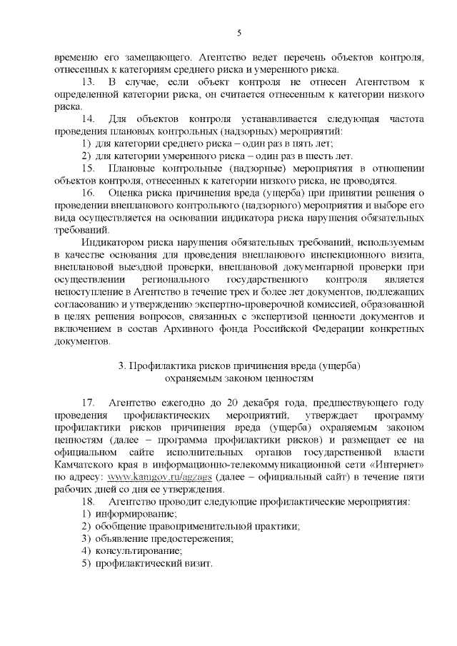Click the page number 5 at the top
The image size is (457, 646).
[x=239, y=32]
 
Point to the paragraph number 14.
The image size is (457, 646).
[x=89, y=118]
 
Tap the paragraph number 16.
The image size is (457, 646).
[x=89, y=193]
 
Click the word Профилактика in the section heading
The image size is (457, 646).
[x=161, y=365]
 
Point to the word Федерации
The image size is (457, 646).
[x=336, y=329]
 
